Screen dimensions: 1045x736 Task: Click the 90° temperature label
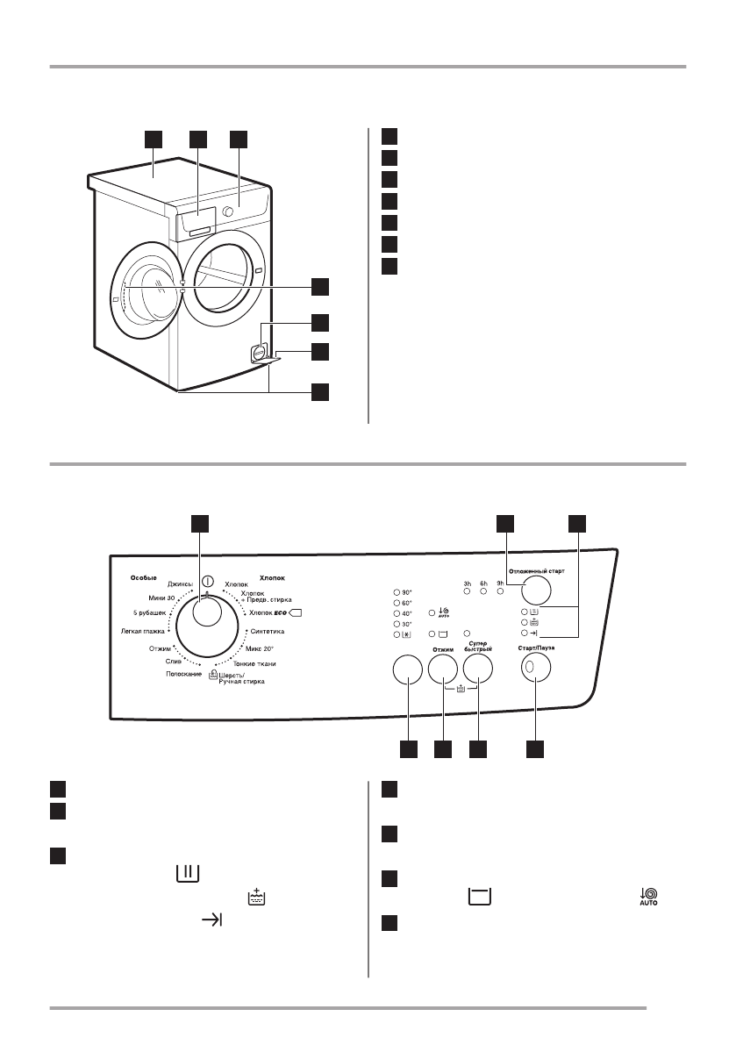pos(406,592)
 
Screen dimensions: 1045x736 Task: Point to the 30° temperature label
pos(406,623)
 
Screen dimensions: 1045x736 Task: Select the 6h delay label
pos(483,582)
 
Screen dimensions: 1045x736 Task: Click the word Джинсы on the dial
pos(181,583)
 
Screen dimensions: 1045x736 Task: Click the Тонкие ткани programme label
pos(255,663)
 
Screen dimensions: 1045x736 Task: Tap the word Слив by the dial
pos(174,662)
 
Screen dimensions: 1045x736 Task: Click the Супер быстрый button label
pos(477,648)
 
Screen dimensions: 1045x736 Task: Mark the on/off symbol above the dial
pos(208,581)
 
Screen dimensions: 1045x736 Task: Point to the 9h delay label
pos(500,582)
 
